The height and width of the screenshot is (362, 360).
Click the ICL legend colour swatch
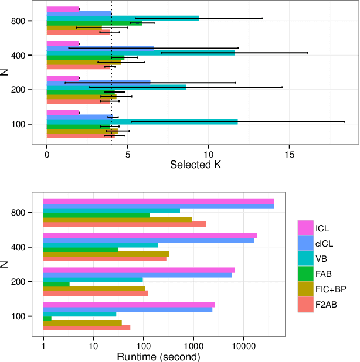click(x=305, y=228)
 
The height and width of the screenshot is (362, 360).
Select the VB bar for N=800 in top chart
click(x=123, y=18)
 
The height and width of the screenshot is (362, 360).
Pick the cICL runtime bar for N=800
click(x=158, y=206)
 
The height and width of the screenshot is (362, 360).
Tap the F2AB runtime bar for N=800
click(x=124, y=224)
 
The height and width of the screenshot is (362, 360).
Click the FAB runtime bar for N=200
click(x=56, y=284)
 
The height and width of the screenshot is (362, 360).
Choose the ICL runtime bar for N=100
click(x=128, y=305)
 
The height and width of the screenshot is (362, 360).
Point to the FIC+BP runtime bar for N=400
click(x=106, y=254)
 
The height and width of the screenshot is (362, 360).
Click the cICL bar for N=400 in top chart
click(x=100, y=48)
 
